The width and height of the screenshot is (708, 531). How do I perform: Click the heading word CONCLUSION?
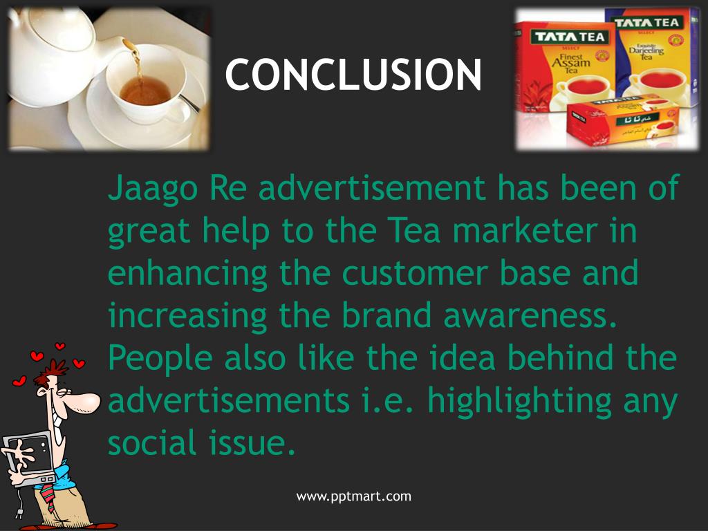tap(353, 75)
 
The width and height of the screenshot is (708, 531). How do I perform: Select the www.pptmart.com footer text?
tap(354, 496)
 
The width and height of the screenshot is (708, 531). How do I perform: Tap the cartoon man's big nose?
tap(86, 401)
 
